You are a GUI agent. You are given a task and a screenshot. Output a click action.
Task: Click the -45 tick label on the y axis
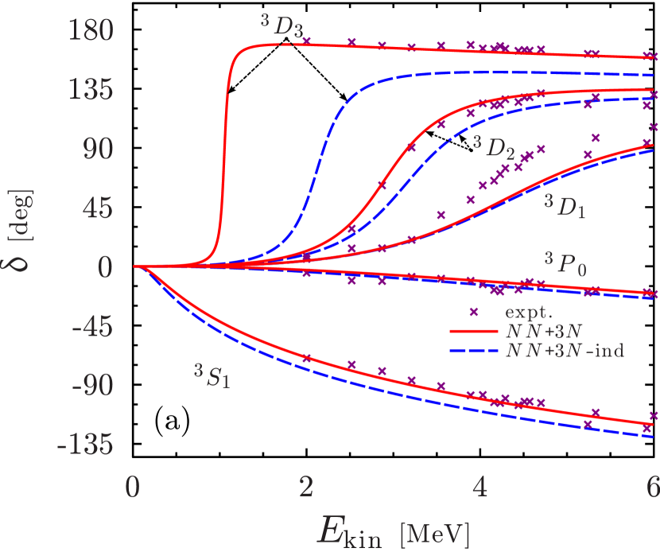pyautogui.click(x=97, y=327)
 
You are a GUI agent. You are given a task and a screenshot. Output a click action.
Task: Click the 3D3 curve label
pyautogui.click(x=282, y=26)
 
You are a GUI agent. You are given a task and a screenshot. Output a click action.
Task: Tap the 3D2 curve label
pyautogui.click(x=494, y=146)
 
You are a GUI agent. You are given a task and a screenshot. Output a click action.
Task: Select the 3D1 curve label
pyautogui.click(x=565, y=204)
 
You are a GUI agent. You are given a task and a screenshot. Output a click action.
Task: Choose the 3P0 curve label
pyautogui.click(x=565, y=263)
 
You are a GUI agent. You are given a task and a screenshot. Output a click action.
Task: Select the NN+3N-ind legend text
pyautogui.click(x=565, y=351)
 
